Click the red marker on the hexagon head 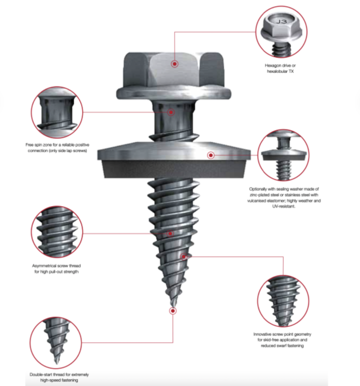coord(174,64)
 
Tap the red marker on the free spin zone coord(171,112)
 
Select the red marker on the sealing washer coord(211,155)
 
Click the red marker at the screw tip coord(173,311)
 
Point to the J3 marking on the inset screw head coord(281,21)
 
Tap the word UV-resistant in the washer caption coord(283,207)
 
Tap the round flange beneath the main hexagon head coord(173,93)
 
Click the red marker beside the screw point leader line coord(184,257)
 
